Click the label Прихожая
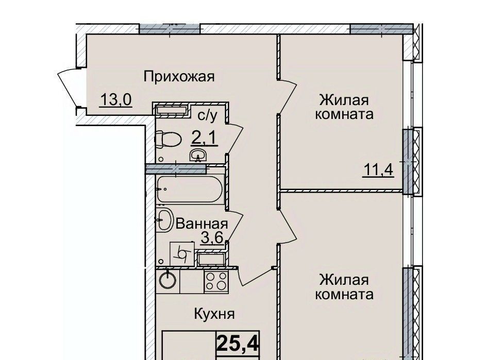[x=179, y=76]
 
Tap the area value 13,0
[x=116, y=100]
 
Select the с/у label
[x=208, y=115]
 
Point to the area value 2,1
[x=205, y=138]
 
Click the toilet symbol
[x=168, y=139]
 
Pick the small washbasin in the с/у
[x=197, y=155]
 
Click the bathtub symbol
[x=190, y=188]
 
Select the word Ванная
[x=202, y=224]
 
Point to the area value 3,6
[x=212, y=238]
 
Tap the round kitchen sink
[x=167, y=280]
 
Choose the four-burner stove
[x=216, y=281]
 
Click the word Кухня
[x=214, y=314]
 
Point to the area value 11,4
[x=378, y=170]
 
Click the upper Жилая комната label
[x=344, y=107]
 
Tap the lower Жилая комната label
[x=344, y=287]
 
